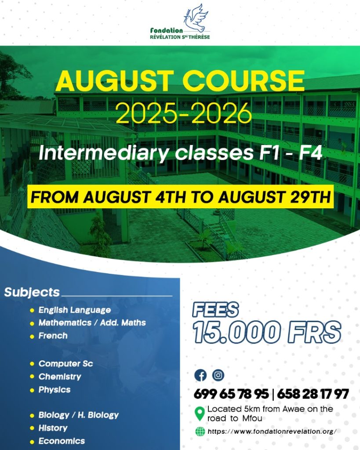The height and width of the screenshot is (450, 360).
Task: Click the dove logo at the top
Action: click(x=196, y=18)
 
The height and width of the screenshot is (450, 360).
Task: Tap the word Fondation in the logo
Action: click(x=167, y=30)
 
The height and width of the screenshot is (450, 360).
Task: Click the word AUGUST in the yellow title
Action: click(x=115, y=81)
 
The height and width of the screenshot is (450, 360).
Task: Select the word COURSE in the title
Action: click(x=244, y=81)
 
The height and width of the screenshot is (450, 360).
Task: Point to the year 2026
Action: click(x=222, y=113)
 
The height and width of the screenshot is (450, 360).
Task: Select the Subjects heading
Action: click(x=32, y=292)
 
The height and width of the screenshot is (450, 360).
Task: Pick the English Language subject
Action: click(x=75, y=310)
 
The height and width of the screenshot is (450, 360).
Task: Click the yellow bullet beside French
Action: click(x=32, y=336)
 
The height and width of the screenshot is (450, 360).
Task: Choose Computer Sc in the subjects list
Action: click(x=66, y=363)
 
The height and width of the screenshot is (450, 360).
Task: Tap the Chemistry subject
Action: click(x=60, y=377)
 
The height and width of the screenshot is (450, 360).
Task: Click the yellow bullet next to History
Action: click(x=32, y=428)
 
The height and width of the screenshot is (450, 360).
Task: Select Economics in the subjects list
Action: click(x=62, y=441)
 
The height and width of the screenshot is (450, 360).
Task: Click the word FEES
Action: click(x=215, y=310)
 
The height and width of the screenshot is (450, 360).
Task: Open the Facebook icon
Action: click(x=200, y=375)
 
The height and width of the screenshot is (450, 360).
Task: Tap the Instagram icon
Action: click(x=218, y=375)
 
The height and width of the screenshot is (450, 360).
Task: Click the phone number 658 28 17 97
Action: click(x=313, y=394)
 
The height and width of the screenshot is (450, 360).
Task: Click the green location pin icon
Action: click(x=199, y=414)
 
